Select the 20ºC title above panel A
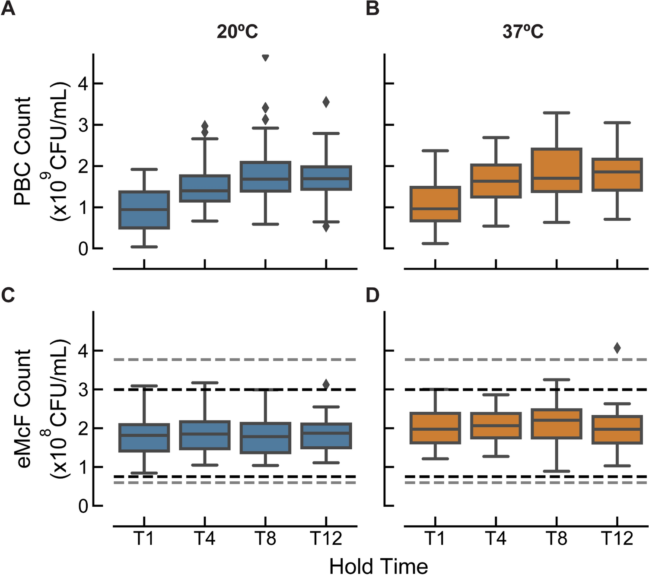[237, 32]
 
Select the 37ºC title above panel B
[523, 32]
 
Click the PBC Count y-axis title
[22, 151]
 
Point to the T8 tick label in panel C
[265, 539]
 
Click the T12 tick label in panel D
[617, 539]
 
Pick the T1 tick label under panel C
[144, 539]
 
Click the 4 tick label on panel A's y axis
[83, 83]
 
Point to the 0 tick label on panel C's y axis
[83, 506]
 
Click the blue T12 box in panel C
[326, 441]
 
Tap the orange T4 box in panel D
[496, 432]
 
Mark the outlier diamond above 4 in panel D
[617, 348]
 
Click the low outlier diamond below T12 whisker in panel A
[326, 227]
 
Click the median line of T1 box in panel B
[435, 208]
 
